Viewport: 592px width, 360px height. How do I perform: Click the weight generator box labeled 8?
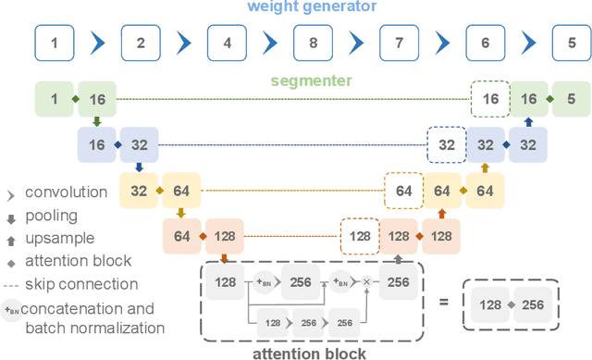tap(314, 43)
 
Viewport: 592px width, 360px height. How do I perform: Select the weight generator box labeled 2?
tap(141, 43)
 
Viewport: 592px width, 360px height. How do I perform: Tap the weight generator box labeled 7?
tap(400, 43)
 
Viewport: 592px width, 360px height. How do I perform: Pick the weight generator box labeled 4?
tap(228, 43)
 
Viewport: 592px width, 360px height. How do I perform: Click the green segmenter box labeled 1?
tap(54, 98)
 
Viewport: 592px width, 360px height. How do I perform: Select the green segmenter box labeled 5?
tap(571, 98)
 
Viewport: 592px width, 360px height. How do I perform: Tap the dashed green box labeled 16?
tap(490, 98)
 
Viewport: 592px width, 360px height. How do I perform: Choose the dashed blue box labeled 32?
tap(447, 144)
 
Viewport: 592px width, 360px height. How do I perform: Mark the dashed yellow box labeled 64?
tap(403, 191)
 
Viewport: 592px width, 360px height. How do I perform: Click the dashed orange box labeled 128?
tap(360, 237)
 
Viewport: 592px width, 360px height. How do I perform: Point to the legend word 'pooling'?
tap(52, 215)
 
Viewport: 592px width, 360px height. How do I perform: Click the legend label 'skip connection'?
tap(81, 284)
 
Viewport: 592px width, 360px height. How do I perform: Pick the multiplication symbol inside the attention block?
tap(365, 282)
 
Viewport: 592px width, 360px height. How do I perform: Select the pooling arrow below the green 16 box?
tap(95, 121)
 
